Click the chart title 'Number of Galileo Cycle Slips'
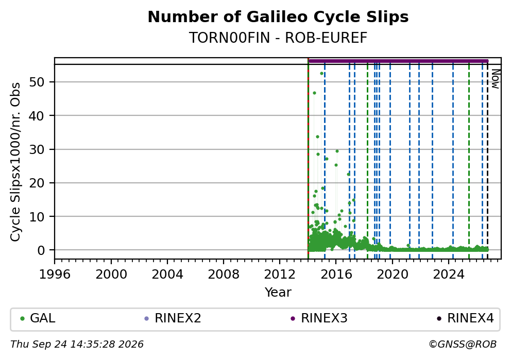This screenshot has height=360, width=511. (278, 17)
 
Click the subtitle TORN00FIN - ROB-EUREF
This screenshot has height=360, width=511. (278, 38)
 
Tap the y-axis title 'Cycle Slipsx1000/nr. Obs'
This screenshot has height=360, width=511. (15, 162)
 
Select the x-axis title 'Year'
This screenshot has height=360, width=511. (278, 292)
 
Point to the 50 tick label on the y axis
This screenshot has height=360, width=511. (37, 82)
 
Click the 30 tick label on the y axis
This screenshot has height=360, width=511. (37, 149)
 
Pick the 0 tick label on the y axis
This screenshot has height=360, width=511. (41, 250)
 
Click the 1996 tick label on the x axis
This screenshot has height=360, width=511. (55, 275)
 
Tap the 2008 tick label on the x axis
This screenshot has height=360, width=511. (224, 275)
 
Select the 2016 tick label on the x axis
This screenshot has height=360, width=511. (336, 275)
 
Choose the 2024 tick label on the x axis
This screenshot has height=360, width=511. (449, 275)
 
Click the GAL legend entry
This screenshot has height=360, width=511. (38, 318)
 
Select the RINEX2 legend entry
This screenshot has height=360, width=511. (173, 318)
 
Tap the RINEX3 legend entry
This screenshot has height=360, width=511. (319, 318)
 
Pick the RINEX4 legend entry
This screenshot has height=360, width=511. (465, 318)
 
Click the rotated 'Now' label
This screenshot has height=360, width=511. (496, 78)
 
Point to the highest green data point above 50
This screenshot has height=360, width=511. (321, 74)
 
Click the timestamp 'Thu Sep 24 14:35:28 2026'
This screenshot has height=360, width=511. (77, 345)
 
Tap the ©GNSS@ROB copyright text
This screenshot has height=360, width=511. (463, 345)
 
